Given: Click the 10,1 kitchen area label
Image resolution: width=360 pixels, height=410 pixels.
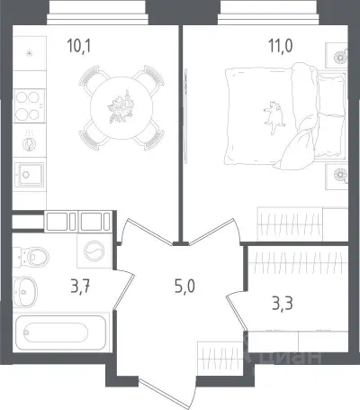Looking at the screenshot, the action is [79, 46].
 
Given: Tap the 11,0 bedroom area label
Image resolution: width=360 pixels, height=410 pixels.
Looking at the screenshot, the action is [281, 46].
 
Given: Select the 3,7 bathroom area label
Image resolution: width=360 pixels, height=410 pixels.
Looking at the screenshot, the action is [80, 287].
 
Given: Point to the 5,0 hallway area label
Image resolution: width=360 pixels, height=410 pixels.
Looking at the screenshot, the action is [184, 287].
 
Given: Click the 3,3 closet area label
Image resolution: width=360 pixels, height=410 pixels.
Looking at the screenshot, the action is [283, 304].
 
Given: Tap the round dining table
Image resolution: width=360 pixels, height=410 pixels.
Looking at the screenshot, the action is [121, 107].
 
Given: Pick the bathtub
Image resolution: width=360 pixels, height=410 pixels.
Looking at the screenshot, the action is [59, 333].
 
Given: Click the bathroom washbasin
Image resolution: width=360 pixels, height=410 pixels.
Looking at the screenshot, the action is [25, 292].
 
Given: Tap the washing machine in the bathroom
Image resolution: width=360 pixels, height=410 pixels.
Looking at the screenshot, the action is [94, 251].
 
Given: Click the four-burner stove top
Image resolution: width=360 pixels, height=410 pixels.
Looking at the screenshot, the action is [29, 105].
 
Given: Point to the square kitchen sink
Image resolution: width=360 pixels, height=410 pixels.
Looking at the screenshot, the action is [29, 175].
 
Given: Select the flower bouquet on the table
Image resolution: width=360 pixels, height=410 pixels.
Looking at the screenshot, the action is [121, 107].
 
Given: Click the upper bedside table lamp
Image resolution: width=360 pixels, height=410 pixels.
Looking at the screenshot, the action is [340, 57].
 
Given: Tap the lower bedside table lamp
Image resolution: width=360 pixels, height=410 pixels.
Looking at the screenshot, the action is [340, 174].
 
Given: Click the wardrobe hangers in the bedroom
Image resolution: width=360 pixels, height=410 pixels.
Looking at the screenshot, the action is [290, 223].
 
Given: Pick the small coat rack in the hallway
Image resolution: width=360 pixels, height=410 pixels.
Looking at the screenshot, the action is [220, 359].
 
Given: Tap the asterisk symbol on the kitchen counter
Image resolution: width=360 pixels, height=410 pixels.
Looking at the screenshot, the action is [29, 54].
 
